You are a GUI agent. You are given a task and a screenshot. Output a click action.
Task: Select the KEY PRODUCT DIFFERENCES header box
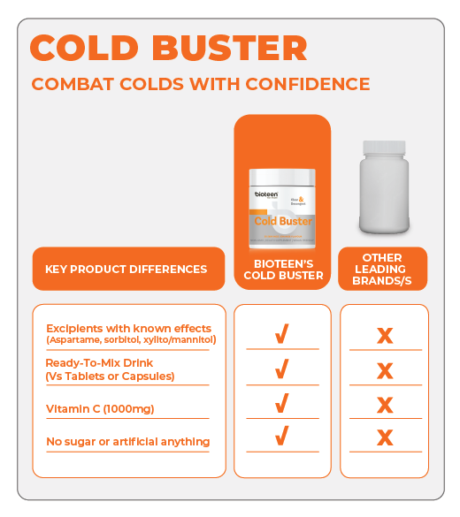coord(127,269)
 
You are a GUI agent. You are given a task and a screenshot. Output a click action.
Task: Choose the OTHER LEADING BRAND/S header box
coord(383,270)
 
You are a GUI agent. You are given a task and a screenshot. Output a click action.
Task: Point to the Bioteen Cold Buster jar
coord(282,208)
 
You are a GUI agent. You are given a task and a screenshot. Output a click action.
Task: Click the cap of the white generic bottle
coord(384,148)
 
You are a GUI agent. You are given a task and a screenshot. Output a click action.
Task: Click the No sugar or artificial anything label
coord(127,441)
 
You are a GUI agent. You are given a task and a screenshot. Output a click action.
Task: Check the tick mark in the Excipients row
coord(281,335)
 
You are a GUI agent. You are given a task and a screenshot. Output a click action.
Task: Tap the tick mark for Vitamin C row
coord(281,404)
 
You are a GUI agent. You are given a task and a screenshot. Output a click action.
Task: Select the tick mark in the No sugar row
coord(281,436)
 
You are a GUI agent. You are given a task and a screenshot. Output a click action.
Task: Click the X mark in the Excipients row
coord(384,336)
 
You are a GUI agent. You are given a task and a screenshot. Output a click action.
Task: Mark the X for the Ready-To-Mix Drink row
coord(384,369)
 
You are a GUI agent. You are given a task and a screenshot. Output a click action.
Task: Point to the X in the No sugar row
coord(384,437)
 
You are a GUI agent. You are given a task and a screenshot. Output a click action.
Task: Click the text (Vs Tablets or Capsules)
coord(110,376)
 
